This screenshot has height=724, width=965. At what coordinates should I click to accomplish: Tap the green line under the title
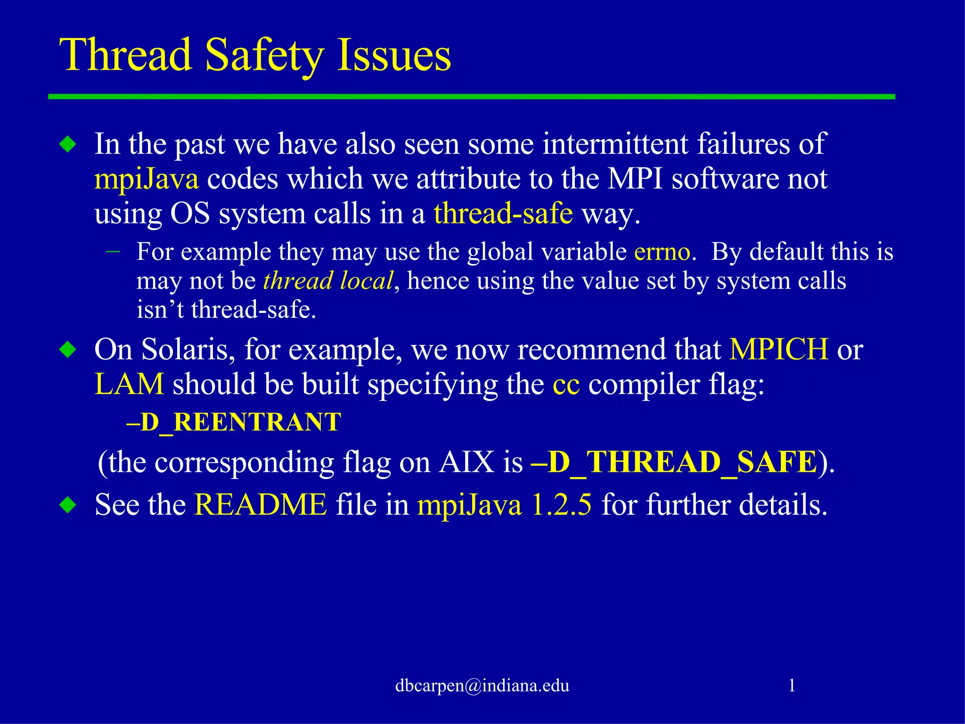[471, 97]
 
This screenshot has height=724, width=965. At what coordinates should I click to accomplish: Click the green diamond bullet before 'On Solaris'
[68, 350]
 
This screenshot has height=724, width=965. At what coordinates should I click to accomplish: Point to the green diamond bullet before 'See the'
[68, 505]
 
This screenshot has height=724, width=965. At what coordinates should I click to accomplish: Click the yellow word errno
[662, 252]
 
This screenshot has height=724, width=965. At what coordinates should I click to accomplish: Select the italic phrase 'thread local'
[328, 281]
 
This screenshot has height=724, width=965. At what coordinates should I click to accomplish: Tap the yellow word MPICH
[779, 350]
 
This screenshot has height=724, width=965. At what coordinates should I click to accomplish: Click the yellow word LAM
[129, 384]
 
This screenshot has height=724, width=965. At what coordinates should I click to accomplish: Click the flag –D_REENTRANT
[234, 422]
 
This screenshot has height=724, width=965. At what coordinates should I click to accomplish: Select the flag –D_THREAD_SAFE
[674, 462]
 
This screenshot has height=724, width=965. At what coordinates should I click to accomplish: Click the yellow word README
[261, 505]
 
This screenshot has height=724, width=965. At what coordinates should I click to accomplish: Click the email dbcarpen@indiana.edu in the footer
[482, 685]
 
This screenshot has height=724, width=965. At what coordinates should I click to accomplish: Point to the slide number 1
[792, 685]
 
